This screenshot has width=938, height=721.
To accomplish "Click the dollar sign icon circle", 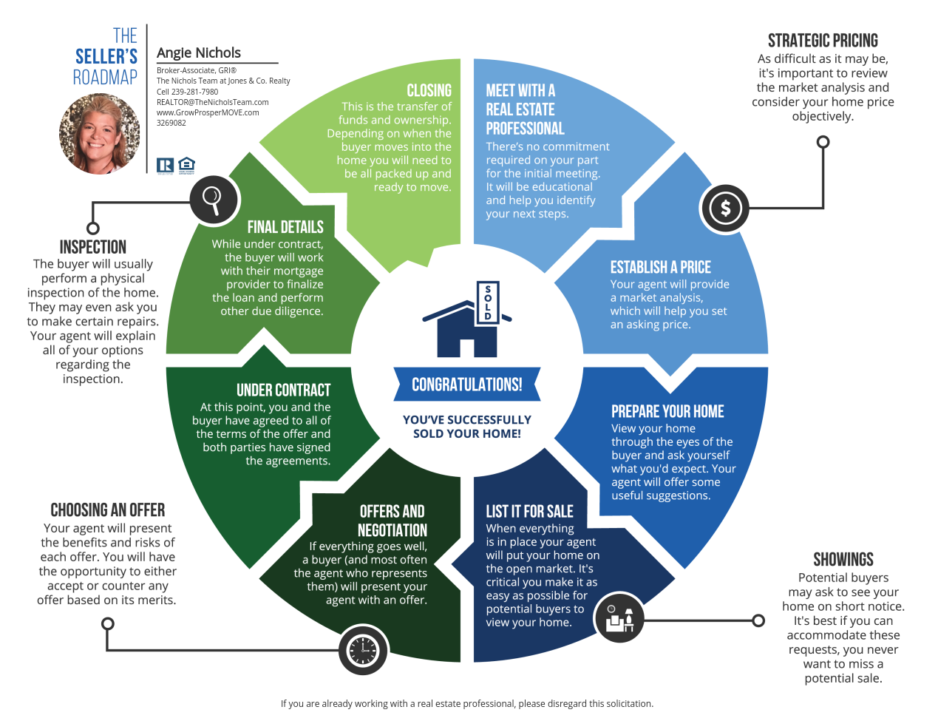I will tap(725, 208).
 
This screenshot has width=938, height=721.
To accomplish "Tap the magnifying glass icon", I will tap(214, 200).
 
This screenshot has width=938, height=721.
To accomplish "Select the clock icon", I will tap(363, 651).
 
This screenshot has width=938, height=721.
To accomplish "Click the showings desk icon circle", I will tap(619, 618).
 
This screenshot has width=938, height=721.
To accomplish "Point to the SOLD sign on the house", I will tap(488, 302).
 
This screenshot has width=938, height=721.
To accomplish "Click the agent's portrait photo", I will tap(100, 134).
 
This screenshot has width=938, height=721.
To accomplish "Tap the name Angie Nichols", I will tap(199, 53).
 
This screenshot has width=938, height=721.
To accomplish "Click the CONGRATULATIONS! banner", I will tap(467, 385).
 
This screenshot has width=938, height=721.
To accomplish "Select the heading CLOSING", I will tap(429, 90).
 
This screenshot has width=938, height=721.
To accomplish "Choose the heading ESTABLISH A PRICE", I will tap(660, 267).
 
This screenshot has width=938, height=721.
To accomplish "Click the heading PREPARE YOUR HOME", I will tap(667, 411).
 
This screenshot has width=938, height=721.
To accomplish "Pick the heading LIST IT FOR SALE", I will tap(529, 511).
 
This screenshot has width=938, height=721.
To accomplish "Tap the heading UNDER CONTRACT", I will tap(283, 390).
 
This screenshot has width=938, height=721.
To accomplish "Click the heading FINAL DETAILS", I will tap(285, 227).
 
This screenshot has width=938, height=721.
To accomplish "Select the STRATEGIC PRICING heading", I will tap(823, 41).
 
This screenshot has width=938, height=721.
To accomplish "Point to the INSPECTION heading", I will tap(93, 247).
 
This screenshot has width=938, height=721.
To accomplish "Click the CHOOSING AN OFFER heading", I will tap(108, 510).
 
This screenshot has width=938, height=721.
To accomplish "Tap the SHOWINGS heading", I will tap(843, 559).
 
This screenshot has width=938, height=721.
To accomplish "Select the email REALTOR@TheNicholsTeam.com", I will tap(212, 102).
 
